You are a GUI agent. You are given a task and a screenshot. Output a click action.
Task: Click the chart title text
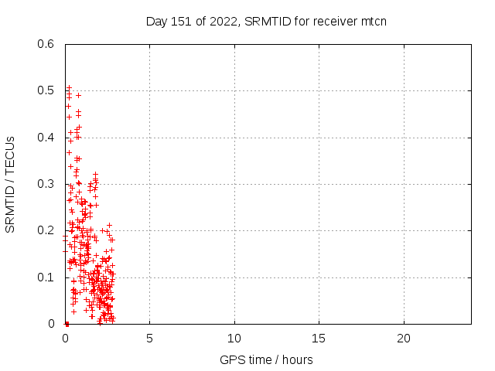pos(266,21)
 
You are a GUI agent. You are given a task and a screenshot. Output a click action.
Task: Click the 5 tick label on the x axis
pos(149,339)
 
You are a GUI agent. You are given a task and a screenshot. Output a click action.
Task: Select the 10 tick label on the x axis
pos(234,339)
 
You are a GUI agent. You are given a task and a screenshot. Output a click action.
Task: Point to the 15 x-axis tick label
pos(319,339)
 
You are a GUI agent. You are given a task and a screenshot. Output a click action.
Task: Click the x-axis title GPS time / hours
pos(266,359)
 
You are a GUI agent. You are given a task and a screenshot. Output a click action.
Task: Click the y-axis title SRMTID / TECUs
pos(11,184)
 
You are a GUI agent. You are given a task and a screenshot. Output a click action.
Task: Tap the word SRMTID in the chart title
pos(266,21)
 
